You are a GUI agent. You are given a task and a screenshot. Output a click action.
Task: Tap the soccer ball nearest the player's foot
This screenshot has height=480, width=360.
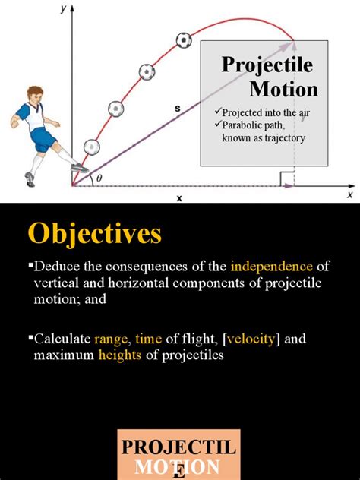click(x=91, y=146)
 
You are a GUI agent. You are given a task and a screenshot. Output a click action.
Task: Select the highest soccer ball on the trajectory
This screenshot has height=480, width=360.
click(x=183, y=39)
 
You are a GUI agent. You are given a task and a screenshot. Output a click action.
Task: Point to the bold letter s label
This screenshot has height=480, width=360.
click(x=177, y=109)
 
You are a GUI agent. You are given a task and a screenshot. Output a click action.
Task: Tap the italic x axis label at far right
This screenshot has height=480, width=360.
click(x=350, y=194)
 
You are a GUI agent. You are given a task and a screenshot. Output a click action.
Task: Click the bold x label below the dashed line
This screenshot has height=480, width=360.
click(x=179, y=198)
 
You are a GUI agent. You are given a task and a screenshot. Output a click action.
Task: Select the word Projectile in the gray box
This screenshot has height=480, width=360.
click(x=267, y=64)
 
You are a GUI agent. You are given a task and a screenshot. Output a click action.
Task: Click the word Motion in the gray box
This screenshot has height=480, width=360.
click(x=283, y=89)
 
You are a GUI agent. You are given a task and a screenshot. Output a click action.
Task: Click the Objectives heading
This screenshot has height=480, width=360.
click(x=95, y=234)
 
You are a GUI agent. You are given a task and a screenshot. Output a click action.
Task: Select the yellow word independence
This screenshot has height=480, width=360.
click(x=271, y=267)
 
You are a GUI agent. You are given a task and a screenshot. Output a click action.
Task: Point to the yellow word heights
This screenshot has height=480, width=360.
click(x=119, y=354)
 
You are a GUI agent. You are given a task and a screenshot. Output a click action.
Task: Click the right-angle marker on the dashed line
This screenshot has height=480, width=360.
click(x=287, y=179)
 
